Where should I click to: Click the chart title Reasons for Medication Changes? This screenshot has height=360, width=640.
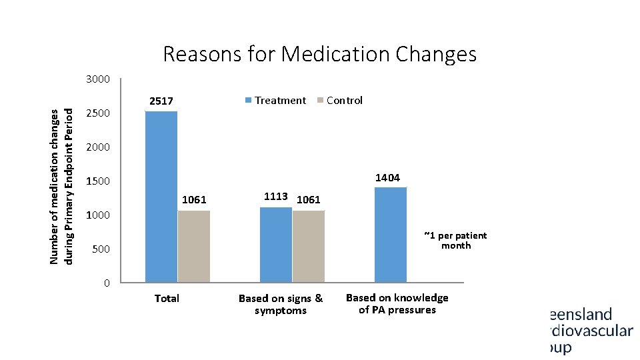tap(319, 53)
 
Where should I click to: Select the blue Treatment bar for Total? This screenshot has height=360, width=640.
tap(161, 197)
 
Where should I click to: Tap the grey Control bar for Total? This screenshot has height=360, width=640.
tap(194, 246)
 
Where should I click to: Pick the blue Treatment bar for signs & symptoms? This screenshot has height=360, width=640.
tap(276, 245)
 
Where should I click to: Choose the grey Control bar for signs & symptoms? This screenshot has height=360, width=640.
tap(309, 246)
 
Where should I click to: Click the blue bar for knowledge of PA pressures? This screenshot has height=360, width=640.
tap(391, 235)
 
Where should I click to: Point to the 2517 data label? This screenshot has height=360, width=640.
tap(161, 101)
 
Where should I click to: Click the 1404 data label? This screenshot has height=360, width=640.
tap(387, 177)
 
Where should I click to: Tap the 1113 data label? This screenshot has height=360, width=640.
tap(275, 197)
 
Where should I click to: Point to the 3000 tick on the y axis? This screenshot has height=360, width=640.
tap(98, 79)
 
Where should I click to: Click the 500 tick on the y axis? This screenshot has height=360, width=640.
tap(101, 249)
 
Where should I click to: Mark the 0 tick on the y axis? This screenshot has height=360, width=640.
tap(107, 283)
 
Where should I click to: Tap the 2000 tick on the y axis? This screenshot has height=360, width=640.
tap(98, 147)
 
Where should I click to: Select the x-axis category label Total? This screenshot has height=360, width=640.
tap(167, 299)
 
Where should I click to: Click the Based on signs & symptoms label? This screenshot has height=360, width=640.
tap(281, 305)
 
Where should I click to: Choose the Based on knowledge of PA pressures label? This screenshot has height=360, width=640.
tap(397, 304)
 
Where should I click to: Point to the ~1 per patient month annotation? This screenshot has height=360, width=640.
tap(455, 241)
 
